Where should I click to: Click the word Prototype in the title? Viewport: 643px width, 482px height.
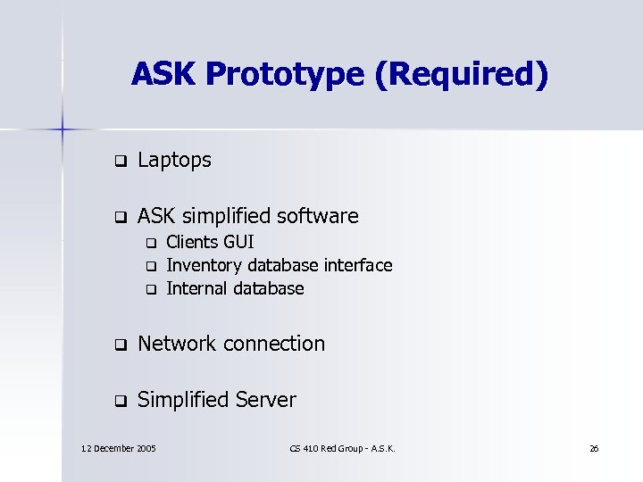click(285, 74)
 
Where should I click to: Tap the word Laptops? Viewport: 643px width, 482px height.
click(175, 161)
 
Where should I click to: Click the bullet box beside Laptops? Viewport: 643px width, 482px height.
click(117, 162)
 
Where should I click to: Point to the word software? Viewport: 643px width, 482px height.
click(320, 216)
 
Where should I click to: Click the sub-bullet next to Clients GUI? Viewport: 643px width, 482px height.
click(151, 243)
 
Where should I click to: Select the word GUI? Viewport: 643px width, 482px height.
click(238, 242)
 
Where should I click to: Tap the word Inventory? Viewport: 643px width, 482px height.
click(205, 265)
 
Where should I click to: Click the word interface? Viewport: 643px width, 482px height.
click(358, 265)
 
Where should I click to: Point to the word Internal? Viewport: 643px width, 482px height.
click(197, 288)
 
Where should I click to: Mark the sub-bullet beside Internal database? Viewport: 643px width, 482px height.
click(151, 289)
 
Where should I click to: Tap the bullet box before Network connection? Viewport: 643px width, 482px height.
click(117, 345)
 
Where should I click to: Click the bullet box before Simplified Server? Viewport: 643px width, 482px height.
click(117, 402)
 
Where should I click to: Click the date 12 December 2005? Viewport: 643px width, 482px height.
click(118, 447)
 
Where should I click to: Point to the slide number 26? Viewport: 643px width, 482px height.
click(594, 447)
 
